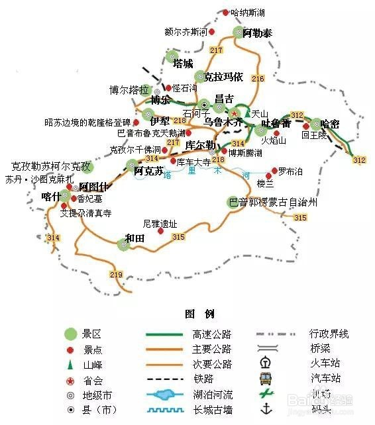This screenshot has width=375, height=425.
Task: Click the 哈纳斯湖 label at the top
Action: click(248, 13)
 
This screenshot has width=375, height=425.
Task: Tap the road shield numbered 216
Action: click(258, 79)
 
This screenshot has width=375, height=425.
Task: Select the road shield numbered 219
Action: click(117, 275)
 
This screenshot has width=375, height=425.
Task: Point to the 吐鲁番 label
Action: click(276, 123)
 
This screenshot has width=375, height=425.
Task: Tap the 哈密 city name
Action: click(329, 123)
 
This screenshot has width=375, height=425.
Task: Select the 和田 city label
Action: click(134, 237)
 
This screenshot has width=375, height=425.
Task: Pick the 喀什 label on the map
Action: click(50, 196)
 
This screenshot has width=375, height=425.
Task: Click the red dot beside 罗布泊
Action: click(274, 170)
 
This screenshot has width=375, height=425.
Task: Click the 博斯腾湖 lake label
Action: click(245, 153)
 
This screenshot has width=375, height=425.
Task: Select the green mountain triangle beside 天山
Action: click(247, 114)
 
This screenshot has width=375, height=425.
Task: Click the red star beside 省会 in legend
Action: click(70, 380)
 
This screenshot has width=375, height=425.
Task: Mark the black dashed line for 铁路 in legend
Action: click(164, 379)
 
